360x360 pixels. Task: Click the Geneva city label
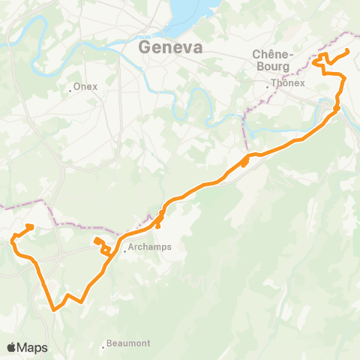coord(171,47)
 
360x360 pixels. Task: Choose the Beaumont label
coord(128,343)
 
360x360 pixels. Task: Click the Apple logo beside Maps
coord(11,347)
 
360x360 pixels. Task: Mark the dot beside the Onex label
coord(69,87)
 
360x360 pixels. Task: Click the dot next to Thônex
coord(268,84)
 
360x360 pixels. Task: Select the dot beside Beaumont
coord(103,346)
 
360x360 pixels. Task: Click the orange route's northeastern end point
coord(347,50)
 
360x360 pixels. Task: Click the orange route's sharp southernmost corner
coord(53,308)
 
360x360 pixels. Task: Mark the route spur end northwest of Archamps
coord(97,240)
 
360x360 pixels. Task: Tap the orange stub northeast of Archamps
coord(158,224)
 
